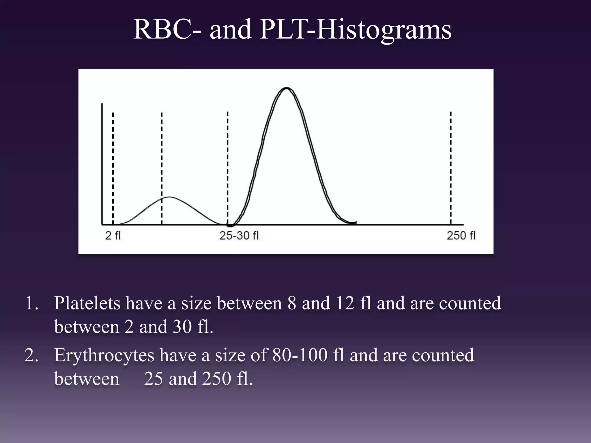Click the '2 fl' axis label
tap(113, 236)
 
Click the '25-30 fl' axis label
tap(239, 236)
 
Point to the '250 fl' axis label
tap(461, 236)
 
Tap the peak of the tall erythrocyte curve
tap(286, 88)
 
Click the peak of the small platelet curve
tap(170, 197)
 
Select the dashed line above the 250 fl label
tap(451, 167)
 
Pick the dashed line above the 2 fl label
tap(113, 167)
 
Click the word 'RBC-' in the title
tap(167, 30)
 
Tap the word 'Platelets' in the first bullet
tap(87, 303)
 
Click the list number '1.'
tap(31, 303)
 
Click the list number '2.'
tap(31, 355)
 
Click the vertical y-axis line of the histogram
tap(102, 164)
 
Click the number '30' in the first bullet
tap(182, 327)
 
